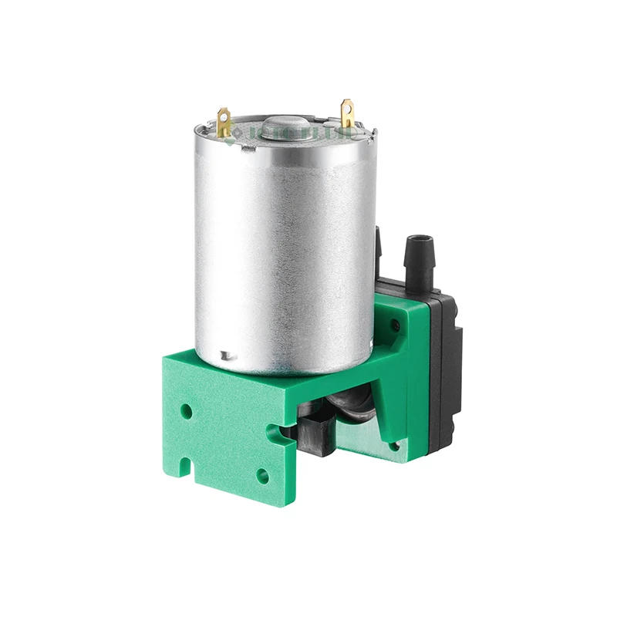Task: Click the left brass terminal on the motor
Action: (224, 122)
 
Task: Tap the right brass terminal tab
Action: (347, 113)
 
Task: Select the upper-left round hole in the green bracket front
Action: (187, 410)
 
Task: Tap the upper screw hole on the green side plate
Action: (396, 326)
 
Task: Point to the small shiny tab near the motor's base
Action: (225, 356)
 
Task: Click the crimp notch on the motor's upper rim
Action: (247, 153)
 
